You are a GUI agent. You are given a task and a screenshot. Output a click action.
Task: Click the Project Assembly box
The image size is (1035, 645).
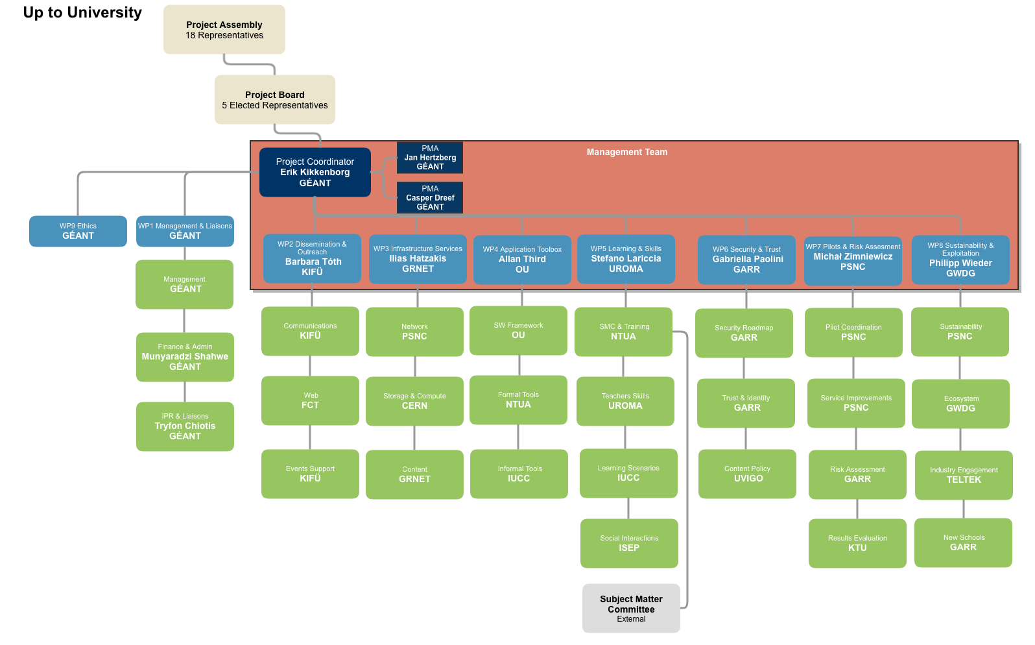[224, 30]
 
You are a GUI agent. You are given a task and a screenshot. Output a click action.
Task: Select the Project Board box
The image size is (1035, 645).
[275, 100]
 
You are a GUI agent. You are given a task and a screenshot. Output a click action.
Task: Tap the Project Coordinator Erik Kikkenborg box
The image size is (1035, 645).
[315, 173]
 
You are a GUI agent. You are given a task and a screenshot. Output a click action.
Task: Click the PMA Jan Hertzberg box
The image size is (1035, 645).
[430, 158]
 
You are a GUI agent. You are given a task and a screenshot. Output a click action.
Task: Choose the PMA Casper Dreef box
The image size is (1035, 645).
[430, 197]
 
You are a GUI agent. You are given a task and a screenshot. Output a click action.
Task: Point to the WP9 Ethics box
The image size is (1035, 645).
[78, 232]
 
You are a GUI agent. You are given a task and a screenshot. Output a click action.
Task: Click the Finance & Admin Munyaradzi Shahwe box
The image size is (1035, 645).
[185, 357]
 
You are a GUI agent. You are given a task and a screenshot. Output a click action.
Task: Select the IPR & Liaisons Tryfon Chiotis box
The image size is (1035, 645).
[185, 426]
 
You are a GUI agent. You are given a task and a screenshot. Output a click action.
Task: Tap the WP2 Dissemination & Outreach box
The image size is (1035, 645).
[312, 258]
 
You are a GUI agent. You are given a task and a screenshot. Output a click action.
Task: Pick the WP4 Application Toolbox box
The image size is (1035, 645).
[522, 260]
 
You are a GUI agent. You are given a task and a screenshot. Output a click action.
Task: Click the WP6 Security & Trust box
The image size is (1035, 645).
[746, 260]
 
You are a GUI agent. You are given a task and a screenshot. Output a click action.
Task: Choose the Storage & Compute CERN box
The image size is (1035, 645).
[414, 401]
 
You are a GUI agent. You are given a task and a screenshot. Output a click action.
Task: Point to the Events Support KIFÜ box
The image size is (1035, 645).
[310, 474]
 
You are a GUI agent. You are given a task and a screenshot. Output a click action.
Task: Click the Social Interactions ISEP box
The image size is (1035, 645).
[629, 543]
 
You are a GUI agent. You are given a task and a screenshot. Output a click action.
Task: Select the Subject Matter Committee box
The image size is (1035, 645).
[631, 609]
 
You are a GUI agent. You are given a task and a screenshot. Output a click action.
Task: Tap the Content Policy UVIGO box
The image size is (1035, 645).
[747, 474]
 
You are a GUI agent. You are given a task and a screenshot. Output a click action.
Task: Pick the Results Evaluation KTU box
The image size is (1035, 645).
[857, 543]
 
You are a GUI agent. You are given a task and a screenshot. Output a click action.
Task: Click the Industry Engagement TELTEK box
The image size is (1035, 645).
[964, 475]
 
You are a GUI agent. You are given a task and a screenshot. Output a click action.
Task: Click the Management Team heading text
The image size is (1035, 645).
[627, 152]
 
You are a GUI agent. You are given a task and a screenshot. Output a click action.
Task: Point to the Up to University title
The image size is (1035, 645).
[82, 13]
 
